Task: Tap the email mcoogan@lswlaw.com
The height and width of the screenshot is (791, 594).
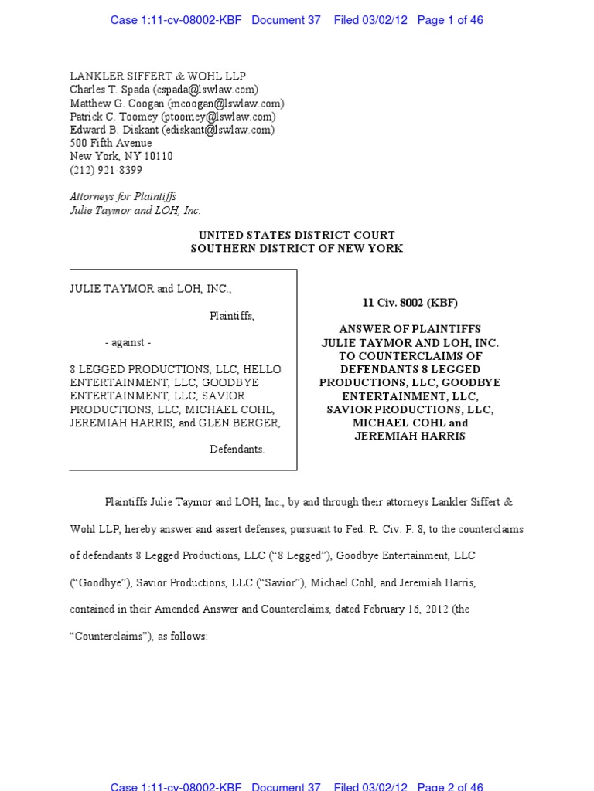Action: pos(225,104)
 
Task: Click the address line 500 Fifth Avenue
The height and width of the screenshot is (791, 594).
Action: pos(111,143)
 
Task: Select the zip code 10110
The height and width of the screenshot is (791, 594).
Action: pos(158,156)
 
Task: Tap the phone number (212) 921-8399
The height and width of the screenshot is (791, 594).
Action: pos(106,170)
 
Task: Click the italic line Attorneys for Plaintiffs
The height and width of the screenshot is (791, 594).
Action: pos(123,197)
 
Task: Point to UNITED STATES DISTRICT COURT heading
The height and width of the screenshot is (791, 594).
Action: pos(297,235)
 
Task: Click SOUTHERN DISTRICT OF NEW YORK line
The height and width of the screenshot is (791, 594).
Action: pos(297,248)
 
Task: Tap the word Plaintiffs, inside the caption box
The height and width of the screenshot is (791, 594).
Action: pos(232,316)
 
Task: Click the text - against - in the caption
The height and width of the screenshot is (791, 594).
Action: pos(128,343)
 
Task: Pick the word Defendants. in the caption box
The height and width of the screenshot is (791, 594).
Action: pos(237,450)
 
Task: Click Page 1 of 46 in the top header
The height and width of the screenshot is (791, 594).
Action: pos(450,20)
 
